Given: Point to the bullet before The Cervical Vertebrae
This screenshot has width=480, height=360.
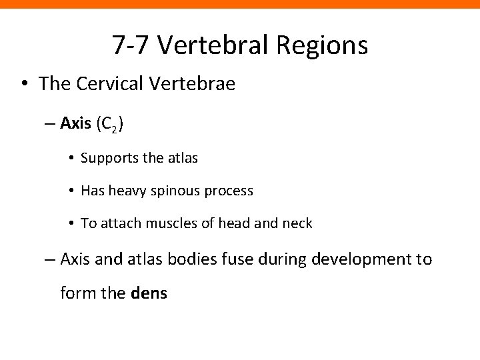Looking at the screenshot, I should click(x=25, y=85).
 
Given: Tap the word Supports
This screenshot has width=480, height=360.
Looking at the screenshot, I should click(x=107, y=158).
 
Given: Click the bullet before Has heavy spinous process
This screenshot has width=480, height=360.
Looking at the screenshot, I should click(x=71, y=191).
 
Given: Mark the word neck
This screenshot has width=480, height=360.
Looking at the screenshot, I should click(x=297, y=223).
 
